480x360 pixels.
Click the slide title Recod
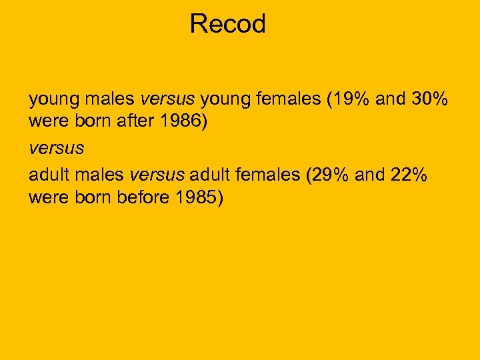227,24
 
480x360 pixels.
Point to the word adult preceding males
49,175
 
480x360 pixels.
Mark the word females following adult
266,175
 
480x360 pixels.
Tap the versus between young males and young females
167,100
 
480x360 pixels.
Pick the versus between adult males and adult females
157,175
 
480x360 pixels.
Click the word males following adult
99,175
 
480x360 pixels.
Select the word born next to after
95,123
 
